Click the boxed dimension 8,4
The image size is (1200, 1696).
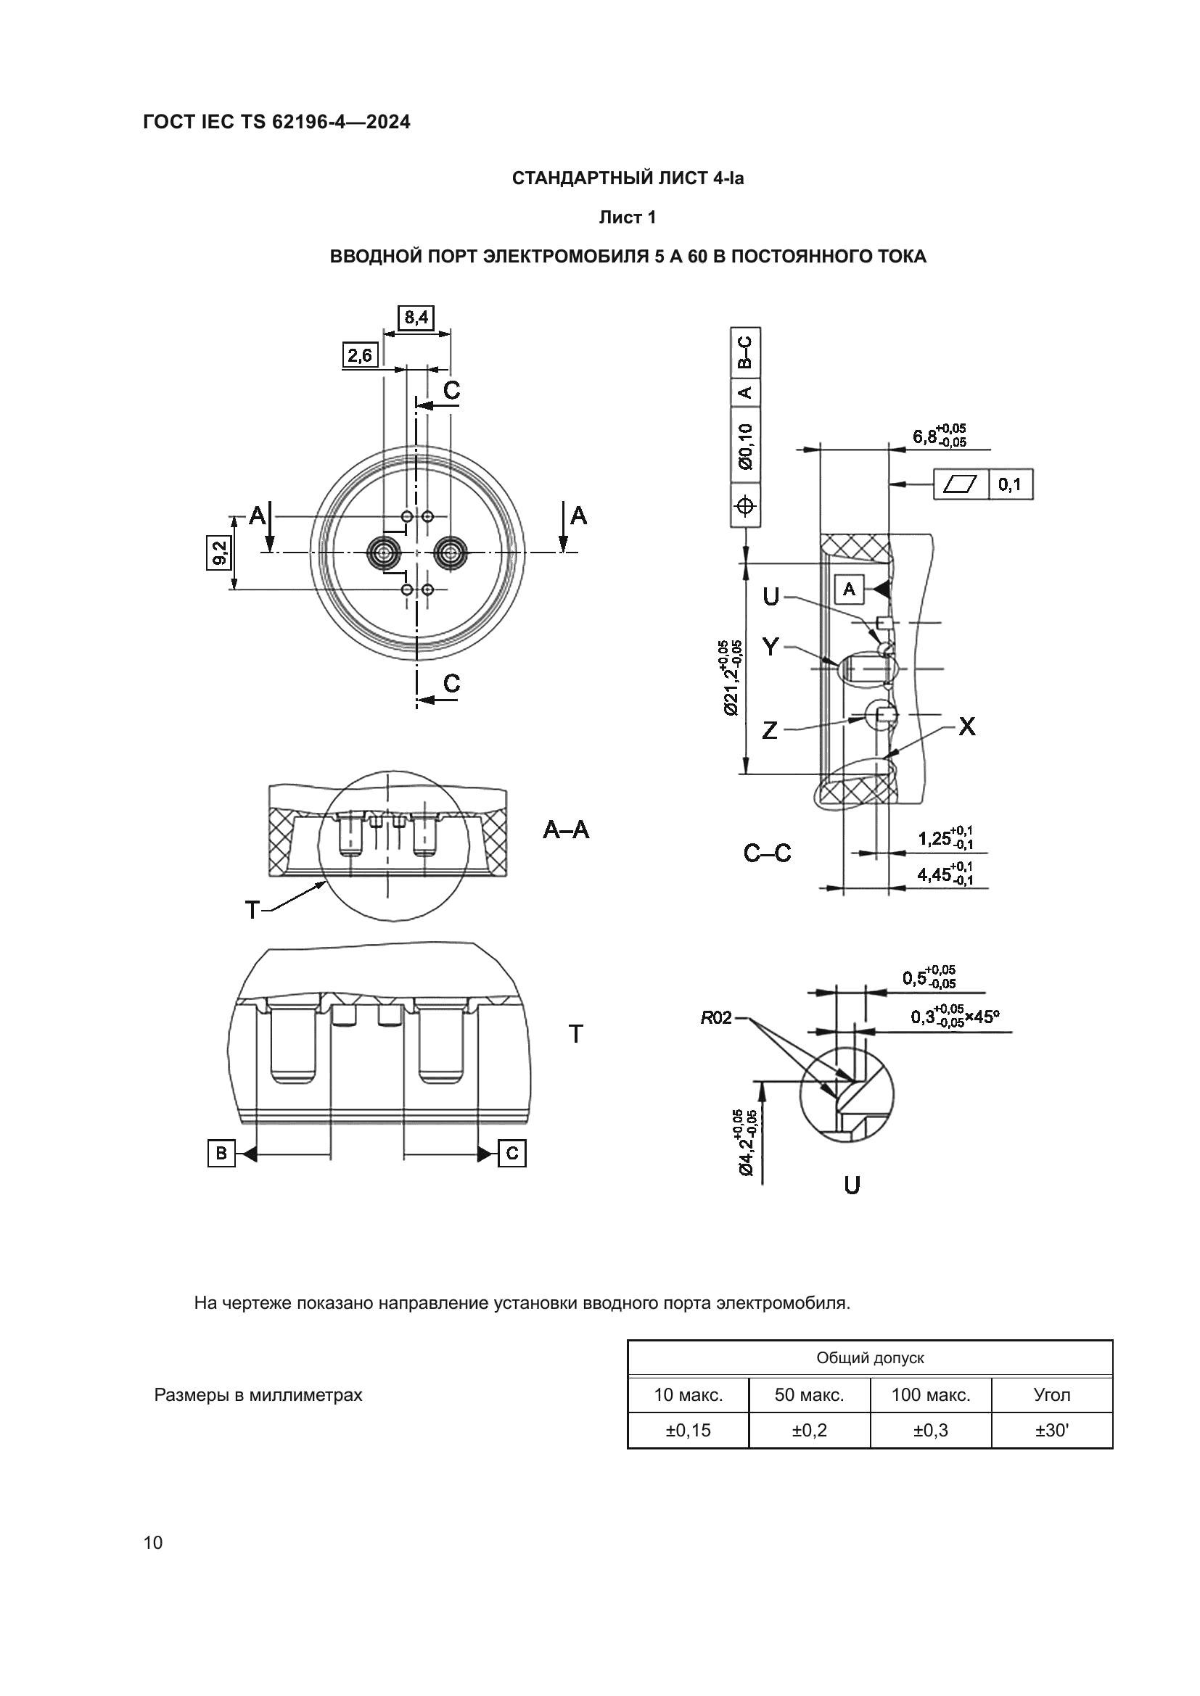[x=415, y=318]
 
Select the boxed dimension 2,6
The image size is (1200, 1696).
[x=360, y=355]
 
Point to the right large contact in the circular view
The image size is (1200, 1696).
[x=450, y=552]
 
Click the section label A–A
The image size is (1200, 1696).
[x=566, y=830]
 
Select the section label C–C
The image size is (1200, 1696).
[x=767, y=854]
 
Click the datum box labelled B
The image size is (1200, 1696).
[x=221, y=1153]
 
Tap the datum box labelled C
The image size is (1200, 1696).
[x=512, y=1153]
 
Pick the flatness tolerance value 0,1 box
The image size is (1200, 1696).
[x=1009, y=484]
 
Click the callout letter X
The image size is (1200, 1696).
[x=966, y=727]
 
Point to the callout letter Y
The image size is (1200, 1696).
[x=770, y=648]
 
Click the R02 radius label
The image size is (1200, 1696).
[x=715, y=1019]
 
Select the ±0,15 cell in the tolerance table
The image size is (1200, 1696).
[x=688, y=1431]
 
